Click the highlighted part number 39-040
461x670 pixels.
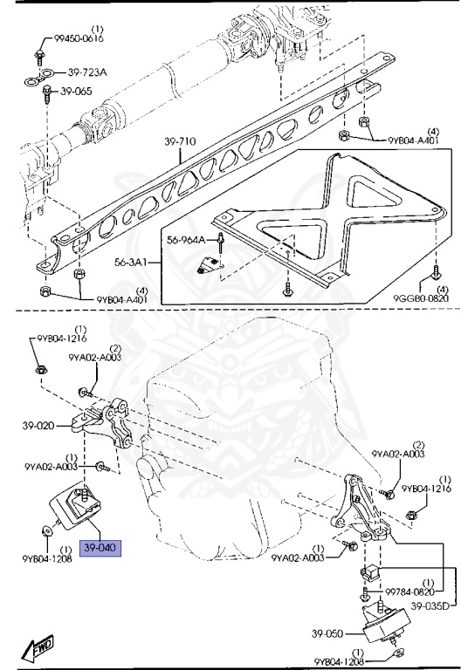(x=101, y=549)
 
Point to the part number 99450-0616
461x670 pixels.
(x=72, y=39)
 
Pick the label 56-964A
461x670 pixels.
(x=185, y=239)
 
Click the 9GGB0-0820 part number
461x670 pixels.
(x=420, y=298)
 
